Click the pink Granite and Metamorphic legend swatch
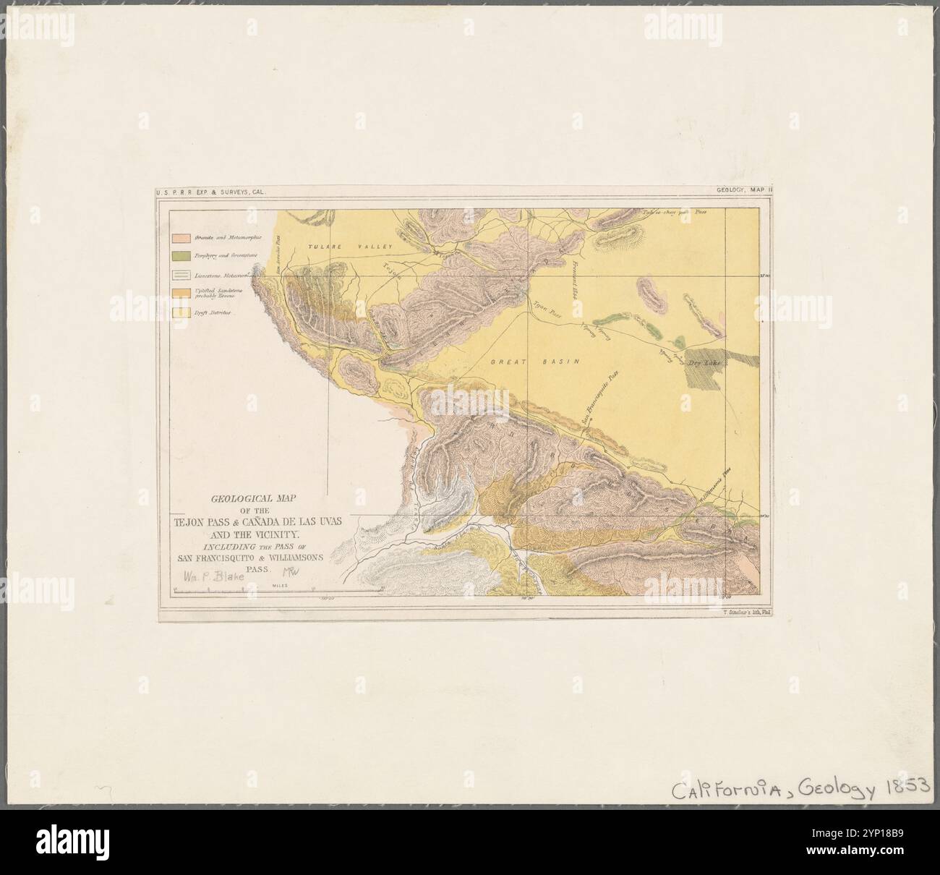click(181, 237)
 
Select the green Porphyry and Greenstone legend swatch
click(181, 256)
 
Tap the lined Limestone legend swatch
click(181, 276)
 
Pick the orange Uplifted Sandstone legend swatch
click(181, 292)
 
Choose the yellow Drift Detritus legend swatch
click(181, 312)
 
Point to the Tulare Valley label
click(339, 247)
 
